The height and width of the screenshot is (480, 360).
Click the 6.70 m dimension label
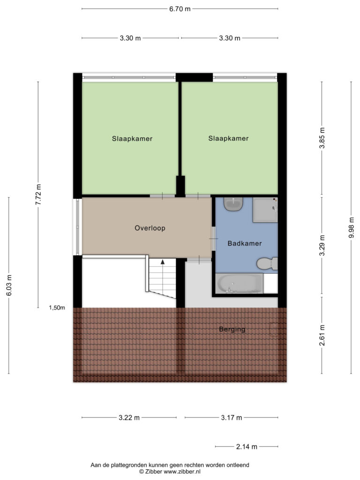(x=180, y=9)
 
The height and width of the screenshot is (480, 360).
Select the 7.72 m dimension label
(x=38, y=195)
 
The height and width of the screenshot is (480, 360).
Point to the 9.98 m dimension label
(x=351, y=227)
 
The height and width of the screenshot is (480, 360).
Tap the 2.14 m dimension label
(x=247, y=447)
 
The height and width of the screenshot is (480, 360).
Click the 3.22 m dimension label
(x=129, y=418)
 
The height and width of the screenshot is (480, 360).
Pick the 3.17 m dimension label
(x=232, y=418)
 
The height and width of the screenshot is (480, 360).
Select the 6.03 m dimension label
(x=9, y=285)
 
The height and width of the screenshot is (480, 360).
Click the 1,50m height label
(x=57, y=308)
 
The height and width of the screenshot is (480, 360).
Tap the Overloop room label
(x=150, y=228)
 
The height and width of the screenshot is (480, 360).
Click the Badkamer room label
(x=245, y=243)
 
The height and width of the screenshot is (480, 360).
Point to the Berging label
(x=232, y=330)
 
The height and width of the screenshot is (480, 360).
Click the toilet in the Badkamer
(x=267, y=263)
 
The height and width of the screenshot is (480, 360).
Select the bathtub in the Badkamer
(x=240, y=283)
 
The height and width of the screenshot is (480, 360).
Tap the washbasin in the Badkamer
(x=233, y=204)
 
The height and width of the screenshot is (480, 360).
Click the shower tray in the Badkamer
(x=265, y=210)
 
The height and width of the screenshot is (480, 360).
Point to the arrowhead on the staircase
(x=163, y=262)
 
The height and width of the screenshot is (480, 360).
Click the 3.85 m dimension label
(x=322, y=138)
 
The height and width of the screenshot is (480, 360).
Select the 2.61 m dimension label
(x=322, y=335)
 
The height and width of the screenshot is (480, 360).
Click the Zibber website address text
(x=182, y=472)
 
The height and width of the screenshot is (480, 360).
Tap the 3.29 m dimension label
(x=322, y=245)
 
